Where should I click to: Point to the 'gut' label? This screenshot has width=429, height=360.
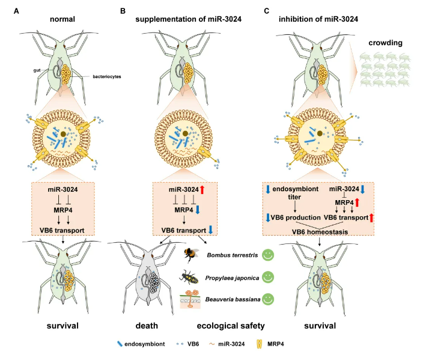37,70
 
